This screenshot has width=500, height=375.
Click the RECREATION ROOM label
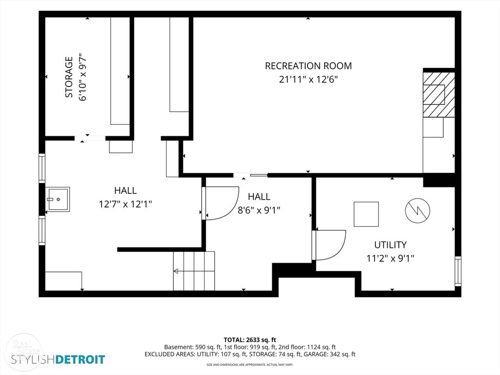(x=309, y=66)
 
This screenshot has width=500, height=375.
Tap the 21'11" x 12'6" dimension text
(x=309, y=80)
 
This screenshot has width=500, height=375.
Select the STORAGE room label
(x=69, y=77)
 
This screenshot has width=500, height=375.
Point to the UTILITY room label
(x=390, y=245)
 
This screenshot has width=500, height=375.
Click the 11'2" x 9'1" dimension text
(x=390, y=258)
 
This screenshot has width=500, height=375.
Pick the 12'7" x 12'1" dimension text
(x=125, y=204)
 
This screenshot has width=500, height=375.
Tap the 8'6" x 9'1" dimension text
(x=259, y=210)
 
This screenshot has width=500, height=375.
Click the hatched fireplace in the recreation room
(x=439, y=94)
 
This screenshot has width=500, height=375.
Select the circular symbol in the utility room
(x=417, y=210)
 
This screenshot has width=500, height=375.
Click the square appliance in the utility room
(x=366, y=214)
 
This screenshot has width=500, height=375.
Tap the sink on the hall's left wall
(x=58, y=199)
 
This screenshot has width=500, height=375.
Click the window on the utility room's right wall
(x=458, y=271)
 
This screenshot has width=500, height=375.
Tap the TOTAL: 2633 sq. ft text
(x=250, y=340)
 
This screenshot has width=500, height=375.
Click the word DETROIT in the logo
(x=80, y=360)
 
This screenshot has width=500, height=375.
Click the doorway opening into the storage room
(x=90, y=138)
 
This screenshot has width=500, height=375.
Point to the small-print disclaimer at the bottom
(x=250, y=364)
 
